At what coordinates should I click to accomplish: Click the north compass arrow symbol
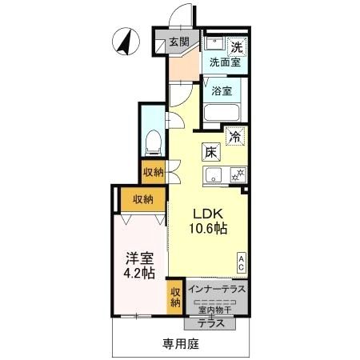[126, 42]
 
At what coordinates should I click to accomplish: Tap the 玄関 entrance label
[179, 42]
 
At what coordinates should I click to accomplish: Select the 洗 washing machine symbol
[237, 47]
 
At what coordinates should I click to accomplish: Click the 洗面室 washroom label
[225, 62]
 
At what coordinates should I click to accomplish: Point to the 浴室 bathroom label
[222, 91]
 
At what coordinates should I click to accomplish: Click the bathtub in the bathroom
[222, 113]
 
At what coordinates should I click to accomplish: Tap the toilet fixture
[154, 142]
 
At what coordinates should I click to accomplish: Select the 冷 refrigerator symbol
[235, 137]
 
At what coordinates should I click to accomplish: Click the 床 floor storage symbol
[211, 152]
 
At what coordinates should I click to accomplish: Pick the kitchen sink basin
[213, 175]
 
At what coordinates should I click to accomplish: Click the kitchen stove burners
[238, 175]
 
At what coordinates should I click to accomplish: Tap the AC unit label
[241, 263]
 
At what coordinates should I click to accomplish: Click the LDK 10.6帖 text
[208, 221]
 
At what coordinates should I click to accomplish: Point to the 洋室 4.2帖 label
[139, 266]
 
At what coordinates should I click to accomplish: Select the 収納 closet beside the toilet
[154, 172]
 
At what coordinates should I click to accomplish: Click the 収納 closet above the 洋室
[143, 199]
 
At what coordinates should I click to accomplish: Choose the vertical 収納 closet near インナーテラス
[175, 297]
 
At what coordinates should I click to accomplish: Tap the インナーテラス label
[217, 289]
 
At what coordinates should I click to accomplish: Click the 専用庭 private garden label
[181, 344]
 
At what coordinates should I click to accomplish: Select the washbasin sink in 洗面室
[215, 43]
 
